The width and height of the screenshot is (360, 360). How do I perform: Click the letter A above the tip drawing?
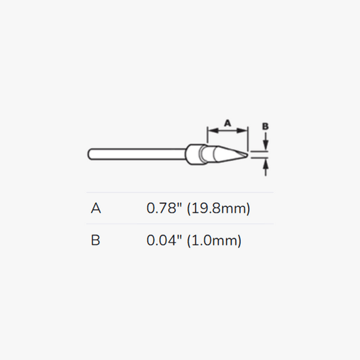click(227, 123)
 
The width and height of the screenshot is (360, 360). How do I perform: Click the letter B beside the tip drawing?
click(265, 126)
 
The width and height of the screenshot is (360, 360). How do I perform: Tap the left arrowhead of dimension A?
click(213, 131)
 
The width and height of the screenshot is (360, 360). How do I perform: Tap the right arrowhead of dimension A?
click(242, 131)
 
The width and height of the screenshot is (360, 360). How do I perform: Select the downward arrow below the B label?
click(265, 141)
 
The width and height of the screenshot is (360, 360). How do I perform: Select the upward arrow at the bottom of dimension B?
click(265, 168)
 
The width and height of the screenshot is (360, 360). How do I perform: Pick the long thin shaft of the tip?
click(137, 154)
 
